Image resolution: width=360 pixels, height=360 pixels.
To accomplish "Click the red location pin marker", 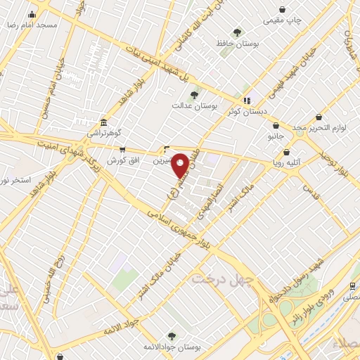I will coord(181,165).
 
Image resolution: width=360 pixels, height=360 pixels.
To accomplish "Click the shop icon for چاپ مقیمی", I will coord(283,10).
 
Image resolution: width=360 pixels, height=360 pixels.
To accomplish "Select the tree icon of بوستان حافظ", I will coord(238,32).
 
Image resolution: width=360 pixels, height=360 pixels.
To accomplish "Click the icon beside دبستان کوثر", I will coord(246,101).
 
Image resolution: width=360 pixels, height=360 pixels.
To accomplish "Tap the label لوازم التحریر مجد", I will coord(316,127).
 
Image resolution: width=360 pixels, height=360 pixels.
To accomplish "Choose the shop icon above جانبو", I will coord(276,126).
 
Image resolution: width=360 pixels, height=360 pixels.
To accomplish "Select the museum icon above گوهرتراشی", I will coord(103,122).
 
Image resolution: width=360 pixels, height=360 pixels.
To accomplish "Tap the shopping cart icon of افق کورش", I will coord(122,150).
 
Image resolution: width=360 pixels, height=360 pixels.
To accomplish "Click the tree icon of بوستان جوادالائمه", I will coord(172,336).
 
